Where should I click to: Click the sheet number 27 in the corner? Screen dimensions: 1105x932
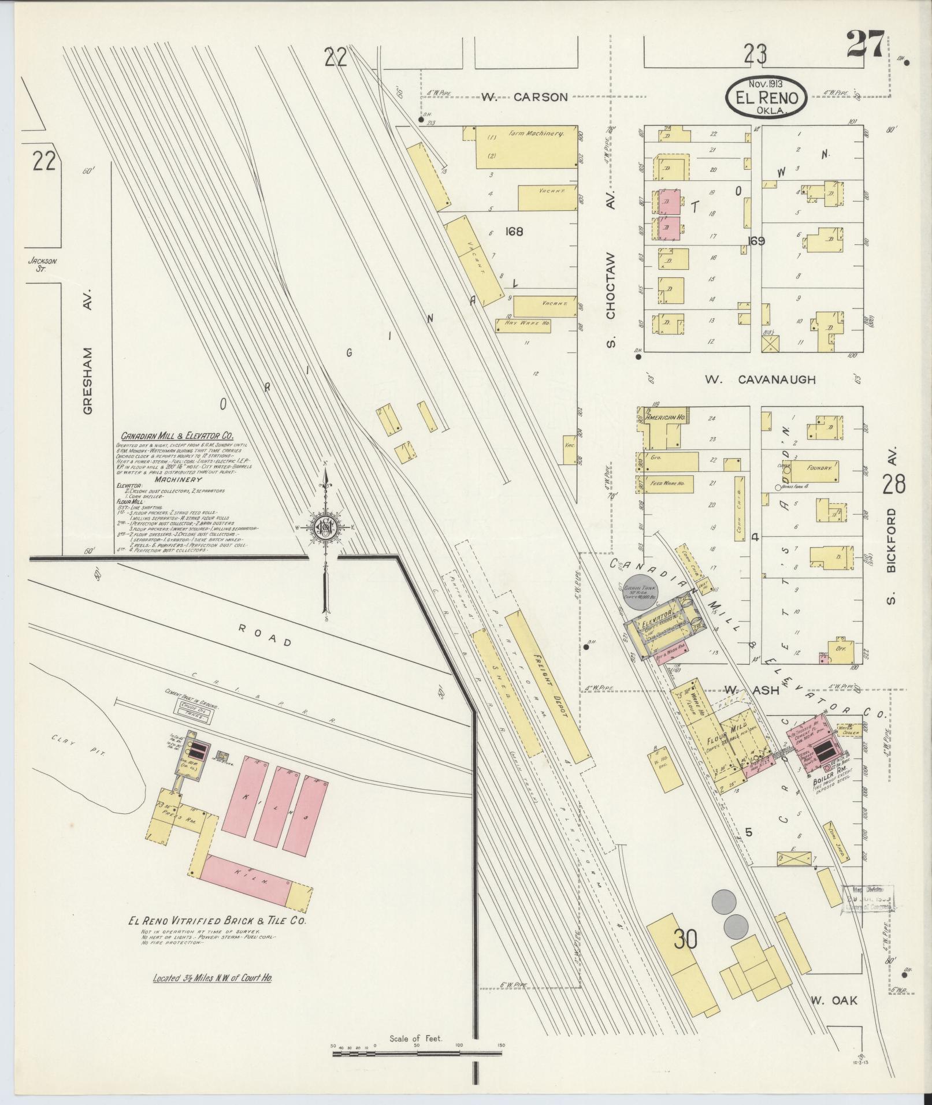click(865, 45)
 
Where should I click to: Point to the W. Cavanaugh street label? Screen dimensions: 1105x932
click(760, 380)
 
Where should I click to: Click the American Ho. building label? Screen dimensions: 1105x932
click(665, 417)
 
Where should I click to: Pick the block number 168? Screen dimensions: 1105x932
click(513, 232)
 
